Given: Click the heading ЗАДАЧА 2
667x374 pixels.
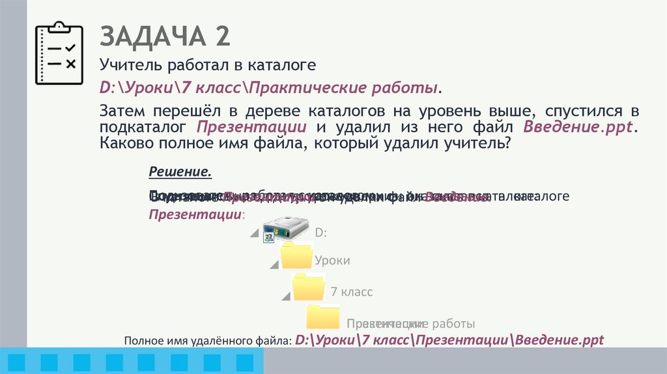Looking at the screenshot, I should [164, 36].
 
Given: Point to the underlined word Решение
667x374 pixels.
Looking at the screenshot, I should [180, 172].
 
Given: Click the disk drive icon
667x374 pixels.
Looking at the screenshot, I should [285, 229].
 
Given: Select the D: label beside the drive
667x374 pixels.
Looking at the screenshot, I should [320, 233].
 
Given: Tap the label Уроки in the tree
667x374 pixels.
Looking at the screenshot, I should [332, 261].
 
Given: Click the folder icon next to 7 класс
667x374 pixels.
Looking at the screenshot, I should [309, 287].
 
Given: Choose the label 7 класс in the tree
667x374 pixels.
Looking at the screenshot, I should [352, 292].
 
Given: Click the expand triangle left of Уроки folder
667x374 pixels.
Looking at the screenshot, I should [273, 266].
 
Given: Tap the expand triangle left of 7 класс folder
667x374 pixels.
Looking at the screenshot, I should [285, 297].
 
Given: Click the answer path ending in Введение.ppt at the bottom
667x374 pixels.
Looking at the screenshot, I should [449, 339].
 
